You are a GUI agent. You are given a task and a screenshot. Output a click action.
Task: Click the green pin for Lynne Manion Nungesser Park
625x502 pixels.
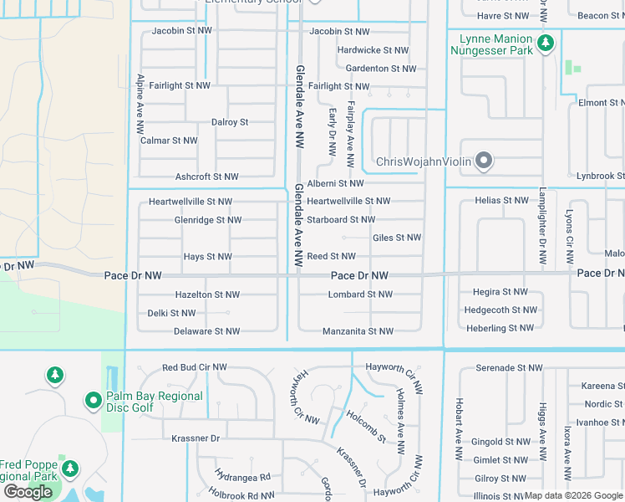546,43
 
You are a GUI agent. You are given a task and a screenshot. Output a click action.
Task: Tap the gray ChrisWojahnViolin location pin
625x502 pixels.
483,161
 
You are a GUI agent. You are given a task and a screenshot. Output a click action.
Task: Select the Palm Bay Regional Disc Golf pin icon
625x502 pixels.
93,402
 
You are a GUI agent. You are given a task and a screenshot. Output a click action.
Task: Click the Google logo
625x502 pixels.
28,492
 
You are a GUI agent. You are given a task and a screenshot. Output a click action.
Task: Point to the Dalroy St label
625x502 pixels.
230,122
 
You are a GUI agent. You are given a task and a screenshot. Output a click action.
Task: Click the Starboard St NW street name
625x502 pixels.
341,220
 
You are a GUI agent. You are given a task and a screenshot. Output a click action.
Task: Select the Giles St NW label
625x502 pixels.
396,238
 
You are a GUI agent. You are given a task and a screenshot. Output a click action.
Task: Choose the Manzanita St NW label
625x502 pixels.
358,332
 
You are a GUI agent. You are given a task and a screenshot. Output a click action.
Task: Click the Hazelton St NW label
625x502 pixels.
207,295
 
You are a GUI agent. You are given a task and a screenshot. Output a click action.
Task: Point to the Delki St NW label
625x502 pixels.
171,314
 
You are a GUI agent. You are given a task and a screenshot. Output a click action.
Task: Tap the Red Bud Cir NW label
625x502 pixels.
194,368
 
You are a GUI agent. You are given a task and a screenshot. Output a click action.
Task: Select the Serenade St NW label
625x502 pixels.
509,368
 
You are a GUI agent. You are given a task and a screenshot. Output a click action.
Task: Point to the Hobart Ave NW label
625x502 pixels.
459,428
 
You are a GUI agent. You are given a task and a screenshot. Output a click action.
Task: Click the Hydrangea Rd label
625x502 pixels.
242,478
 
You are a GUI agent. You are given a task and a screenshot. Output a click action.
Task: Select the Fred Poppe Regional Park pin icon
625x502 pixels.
71,468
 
